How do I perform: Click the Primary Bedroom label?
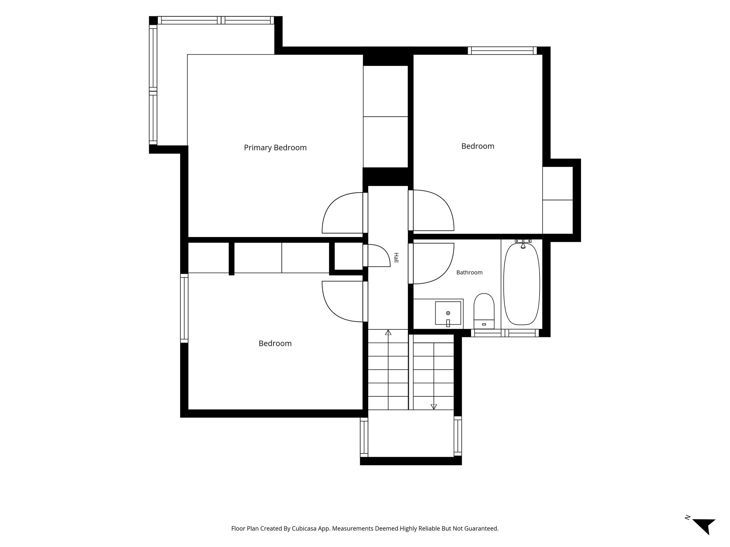tap(275, 148)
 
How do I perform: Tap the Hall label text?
tap(396, 257)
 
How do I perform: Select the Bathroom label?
tap(469, 272)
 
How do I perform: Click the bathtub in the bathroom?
tap(521, 284)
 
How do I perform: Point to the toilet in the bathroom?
tap(484, 311)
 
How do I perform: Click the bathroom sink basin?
tap(448, 313)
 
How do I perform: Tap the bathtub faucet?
tap(523, 244)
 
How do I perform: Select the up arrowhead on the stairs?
tap(388, 332)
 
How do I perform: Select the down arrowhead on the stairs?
tap(434, 407)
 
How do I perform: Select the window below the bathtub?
tap(505, 333)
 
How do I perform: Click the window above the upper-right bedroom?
tap(502, 50)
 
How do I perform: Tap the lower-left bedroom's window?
tap(184, 308)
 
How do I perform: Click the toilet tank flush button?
tap(484, 325)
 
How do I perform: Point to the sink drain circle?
tap(448, 313)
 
